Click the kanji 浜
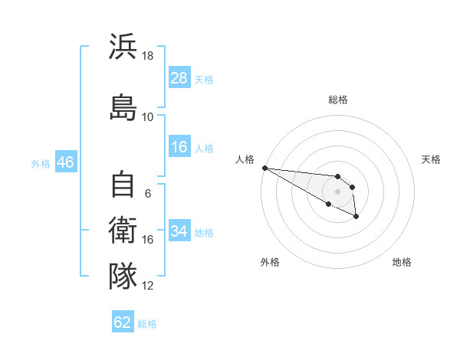pyautogui.click(x=123, y=46)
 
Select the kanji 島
pyautogui.click(x=123, y=107)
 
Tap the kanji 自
pyautogui.click(x=123, y=184)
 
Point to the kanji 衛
pyautogui.click(x=123, y=230)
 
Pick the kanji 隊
pyautogui.click(x=123, y=276)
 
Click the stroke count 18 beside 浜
pyautogui.click(x=147, y=56)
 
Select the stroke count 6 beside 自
pyautogui.click(x=148, y=194)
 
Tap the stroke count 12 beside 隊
pyautogui.click(x=147, y=286)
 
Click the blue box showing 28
pyautogui.click(x=179, y=77)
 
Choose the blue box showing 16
pyautogui.click(x=179, y=146)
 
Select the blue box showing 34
pyautogui.click(x=179, y=230)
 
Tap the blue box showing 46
pyautogui.click(x=66, y=162)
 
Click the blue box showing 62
pyautogui.click(x=123, y=321)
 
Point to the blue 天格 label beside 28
pyautogui.click(x=204, y=80)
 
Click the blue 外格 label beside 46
pyautogui.click(x=41, y=164)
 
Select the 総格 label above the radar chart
pyautogui.click(x=338, y=100)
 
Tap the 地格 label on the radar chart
pyautogui.click(x=402, y=262)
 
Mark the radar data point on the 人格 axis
pyautogui.click(x=265, y=168)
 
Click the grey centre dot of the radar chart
pyautogui.click(x=337, y=191)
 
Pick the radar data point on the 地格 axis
pyautogui.click(x=356, y=217)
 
